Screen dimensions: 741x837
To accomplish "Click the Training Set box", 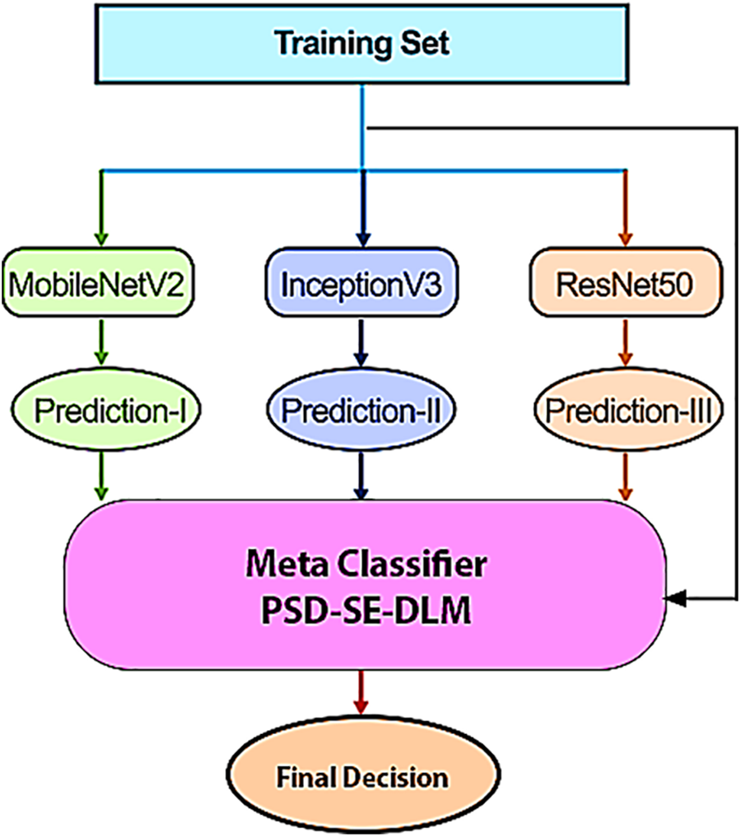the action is click(x=362, y=44).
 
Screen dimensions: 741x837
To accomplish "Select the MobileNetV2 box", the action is click(x=98, y=282).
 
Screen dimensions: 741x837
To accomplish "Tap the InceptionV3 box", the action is click(x=362, y=282).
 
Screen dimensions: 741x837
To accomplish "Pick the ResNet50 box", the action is click(x=626, y=282).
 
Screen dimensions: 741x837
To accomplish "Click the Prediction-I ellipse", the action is click(x=105, y=410).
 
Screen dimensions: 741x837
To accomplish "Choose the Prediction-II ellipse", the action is click(x=361, y=410).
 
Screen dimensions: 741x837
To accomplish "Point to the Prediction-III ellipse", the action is click(x=628, y=410).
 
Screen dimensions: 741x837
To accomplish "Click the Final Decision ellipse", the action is click(x=363, y=775).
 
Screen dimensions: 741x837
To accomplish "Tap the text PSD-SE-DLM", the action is click(x=366, y=610).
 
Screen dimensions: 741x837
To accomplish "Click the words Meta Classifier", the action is click(x=366, y=564).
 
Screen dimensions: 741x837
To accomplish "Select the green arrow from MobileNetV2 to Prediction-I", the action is click(x=101, y=342).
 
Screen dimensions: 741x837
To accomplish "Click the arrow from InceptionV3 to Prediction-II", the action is click(x=361, y=342).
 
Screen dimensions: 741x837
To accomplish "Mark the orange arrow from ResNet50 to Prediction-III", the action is click(x=625, y=342).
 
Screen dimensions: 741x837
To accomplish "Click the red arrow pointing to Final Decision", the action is click(x=361, y=692).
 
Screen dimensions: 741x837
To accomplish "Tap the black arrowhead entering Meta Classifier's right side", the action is click(x=676, y=599).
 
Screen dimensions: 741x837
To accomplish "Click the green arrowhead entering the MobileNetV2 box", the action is click(x=101, y=238).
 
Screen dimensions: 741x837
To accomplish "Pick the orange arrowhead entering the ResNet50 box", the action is click(x=625, y=238).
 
